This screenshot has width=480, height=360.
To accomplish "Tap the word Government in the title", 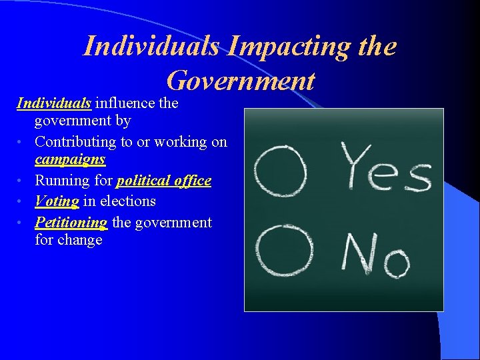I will pyautogui.click(x=241, y=81).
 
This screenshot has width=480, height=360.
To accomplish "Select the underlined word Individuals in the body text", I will pyautogui.click(x=54, y=103).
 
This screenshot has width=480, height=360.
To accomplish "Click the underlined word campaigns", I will pyautogui.click(x=70, y=160).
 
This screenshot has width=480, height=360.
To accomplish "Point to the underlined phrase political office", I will pyautogui.click(x=164, y=181).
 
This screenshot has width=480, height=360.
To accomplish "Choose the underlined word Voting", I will pyautogui.click(x=57, y=201).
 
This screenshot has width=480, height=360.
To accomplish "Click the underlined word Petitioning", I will pyautogui.click(x=71, y=222).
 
